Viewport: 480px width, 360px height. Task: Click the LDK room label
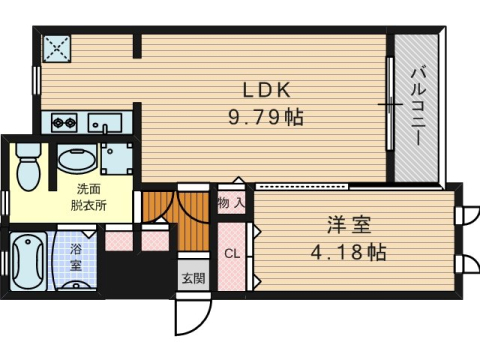(x=267, y=90)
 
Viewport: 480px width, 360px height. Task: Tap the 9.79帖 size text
(x=266, y=117)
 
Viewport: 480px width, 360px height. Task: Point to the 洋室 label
(x=349, y=225)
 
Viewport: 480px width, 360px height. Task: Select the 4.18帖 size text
(x=349, y=252)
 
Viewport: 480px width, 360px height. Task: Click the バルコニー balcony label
(x=416, y=107)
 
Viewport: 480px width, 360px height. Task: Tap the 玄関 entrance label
(x=193, y=278)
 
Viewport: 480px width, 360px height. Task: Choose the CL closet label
(x=232, y=254)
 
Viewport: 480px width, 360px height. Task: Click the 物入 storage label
(x=231, y=202)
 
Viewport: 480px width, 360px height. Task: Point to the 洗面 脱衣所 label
(x=88, y=197)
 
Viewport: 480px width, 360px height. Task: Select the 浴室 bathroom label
(x=76, y=257)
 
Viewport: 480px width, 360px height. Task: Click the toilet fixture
(x=28, y=167)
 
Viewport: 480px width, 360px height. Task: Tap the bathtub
(x=28, y=261)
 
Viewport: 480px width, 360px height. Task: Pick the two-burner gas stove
(x=64, y=123)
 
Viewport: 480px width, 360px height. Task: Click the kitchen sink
(x=105, y=123)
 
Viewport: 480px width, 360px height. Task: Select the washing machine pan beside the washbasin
(x=117, y=159)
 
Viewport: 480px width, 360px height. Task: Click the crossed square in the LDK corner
(x=57, y=48)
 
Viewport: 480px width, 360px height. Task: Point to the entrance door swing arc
(x=204, y=319)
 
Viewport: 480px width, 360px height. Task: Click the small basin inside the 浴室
(x=76, y=285)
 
